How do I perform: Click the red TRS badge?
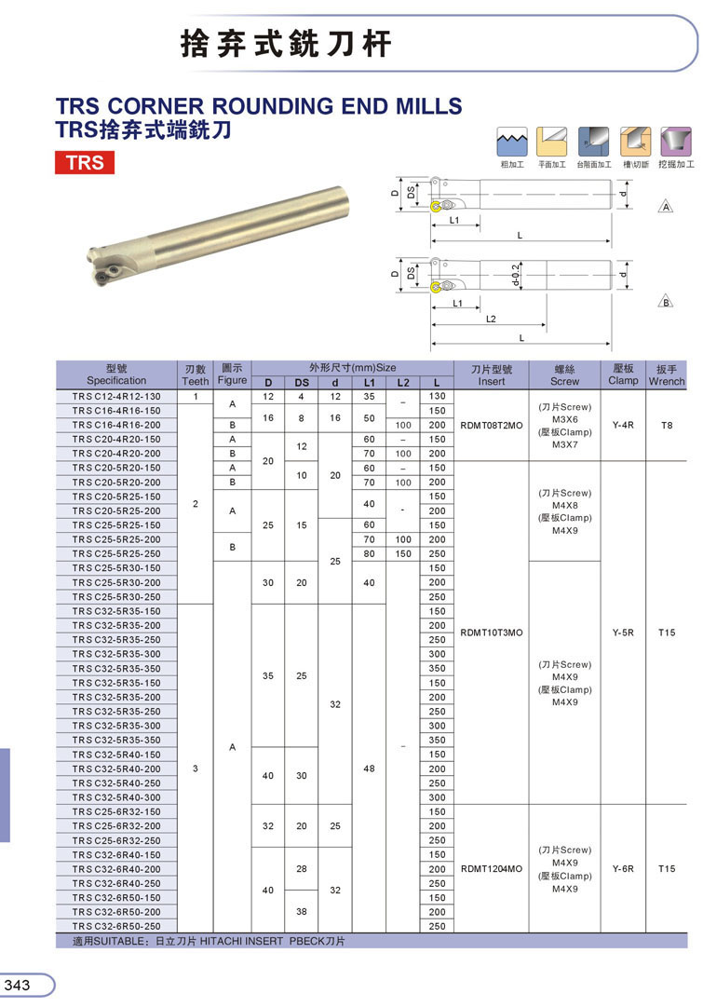(x=85, y=162)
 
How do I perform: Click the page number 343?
(x=18, y=986)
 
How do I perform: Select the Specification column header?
(x=116, y=374)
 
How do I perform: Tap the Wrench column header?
(x=666, y=374)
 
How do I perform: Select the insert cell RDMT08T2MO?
(x=491, y=425)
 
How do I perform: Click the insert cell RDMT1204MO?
(x=491, y=869)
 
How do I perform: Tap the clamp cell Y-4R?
(x=623, y=425)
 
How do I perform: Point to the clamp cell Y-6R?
(x=623, y=869)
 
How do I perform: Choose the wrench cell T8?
(x=666, y=425)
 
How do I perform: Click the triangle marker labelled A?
(x=666, y=206)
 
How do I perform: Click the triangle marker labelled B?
(x=666, y=301)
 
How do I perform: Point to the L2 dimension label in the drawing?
(x=491, y=319)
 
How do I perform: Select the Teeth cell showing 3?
(x=195, y=769)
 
